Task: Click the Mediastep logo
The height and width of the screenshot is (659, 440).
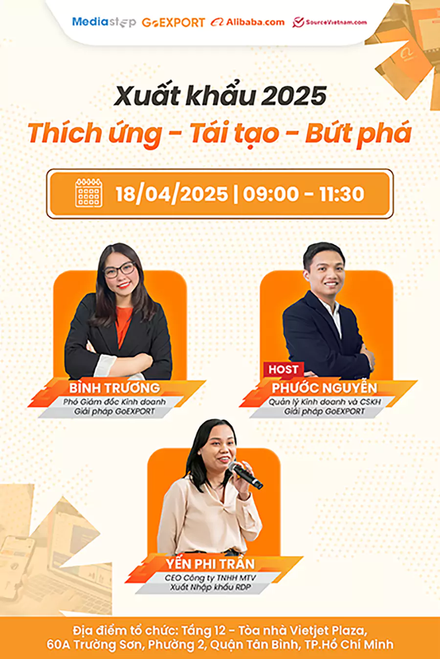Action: click(104, 22)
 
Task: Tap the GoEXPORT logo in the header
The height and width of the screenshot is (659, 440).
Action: click(173, 22)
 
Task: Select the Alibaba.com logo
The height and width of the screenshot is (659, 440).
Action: click(247, 22)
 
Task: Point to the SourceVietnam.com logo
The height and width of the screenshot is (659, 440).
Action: click(330, 22)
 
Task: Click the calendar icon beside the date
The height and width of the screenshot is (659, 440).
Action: click(88, 193)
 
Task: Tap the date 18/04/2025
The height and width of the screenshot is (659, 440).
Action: click(172, 194)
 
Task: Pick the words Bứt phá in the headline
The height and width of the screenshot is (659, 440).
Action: click(358, 133)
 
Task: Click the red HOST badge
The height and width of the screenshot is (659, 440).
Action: click(283, 369)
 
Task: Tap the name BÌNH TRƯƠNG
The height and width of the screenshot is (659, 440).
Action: click(114, 388)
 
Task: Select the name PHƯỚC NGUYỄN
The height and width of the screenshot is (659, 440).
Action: click(325, 388)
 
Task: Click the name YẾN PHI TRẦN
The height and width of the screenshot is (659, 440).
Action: click(210, 564)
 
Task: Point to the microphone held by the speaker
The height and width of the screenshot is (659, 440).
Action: click(245, 475)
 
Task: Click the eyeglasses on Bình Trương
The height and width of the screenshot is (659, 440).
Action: click(120, 270)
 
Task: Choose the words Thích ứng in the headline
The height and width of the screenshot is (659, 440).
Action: click(95, 133)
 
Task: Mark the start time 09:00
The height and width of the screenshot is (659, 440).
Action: click(270, 194)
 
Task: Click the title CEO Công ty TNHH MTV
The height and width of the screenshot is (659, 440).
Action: click(210, 578)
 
